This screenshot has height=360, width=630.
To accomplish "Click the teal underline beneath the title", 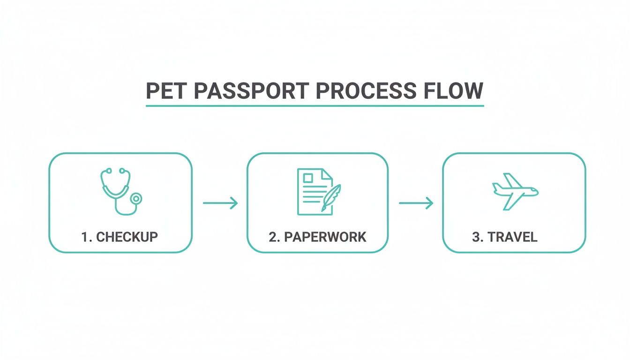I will coord(315,106).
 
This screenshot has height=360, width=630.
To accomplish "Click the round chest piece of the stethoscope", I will coord(136,199).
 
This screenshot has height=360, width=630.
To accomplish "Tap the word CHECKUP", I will coord(127,237).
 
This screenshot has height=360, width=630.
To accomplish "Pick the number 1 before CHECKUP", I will coord(85,237).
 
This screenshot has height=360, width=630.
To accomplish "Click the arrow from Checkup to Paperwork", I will coord(220,203).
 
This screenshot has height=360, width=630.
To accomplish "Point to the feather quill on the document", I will coord(331,197).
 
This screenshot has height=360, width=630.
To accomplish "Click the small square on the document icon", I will coord(308,178).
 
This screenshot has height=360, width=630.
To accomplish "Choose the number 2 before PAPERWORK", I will coord(273,237).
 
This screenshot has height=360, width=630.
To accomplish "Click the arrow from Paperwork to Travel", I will coord(416,203).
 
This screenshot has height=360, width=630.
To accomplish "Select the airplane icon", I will coord(515,191).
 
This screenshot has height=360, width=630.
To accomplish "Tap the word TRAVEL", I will coord(512,237).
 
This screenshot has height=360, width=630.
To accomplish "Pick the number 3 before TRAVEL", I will coord(476,237).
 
